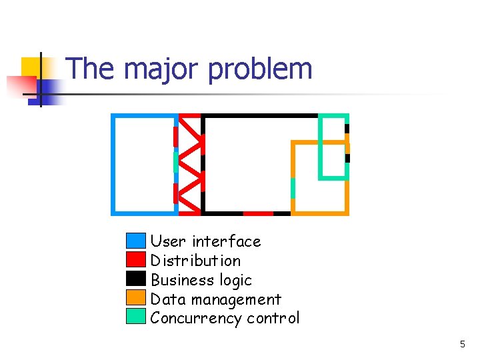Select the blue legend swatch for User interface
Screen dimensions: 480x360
click(x=135, y=241)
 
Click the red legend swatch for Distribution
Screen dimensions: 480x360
click(x=135, y=259)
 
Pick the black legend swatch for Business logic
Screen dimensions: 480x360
click(x=135, y=279)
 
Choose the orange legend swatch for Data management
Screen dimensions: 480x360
click(x=135, y=297)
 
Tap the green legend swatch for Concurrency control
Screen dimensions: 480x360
click(x=135, y=317)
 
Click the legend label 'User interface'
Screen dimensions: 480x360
click(x=205, y=241)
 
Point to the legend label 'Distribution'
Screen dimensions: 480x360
click(x=195, y=261)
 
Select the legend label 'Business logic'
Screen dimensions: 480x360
click(x=201, y=280)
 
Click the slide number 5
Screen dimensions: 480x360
click(x=462, y=345)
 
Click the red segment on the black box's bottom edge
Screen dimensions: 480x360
click(x=258, y=213)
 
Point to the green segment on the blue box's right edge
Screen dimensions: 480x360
click(x=176, y=162)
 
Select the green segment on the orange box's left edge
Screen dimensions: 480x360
click(x=293, y=188)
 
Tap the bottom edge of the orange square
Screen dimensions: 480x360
click(x=321, y=213)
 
